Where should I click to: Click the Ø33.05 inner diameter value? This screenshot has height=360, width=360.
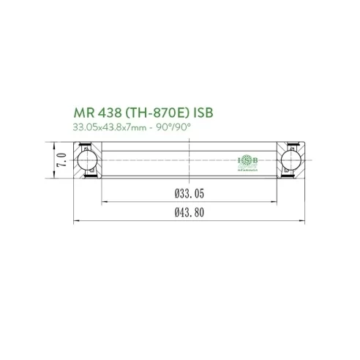(x=189, y=193)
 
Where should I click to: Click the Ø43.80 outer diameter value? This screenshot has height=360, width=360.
(x=189, y=212)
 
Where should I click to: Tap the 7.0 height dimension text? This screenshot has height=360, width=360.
(x=64, y=159)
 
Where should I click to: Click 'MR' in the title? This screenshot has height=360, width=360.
(x=85, y=114)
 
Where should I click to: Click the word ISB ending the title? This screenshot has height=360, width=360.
(x=203, y=114)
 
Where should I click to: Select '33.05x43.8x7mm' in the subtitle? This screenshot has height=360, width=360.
(x=108, y=128)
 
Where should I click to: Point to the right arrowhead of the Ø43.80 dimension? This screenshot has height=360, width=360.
(x=302, y=219)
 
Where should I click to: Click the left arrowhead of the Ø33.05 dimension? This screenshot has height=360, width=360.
(x=102, y=200)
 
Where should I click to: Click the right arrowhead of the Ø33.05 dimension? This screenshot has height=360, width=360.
(x=277, y=200)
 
